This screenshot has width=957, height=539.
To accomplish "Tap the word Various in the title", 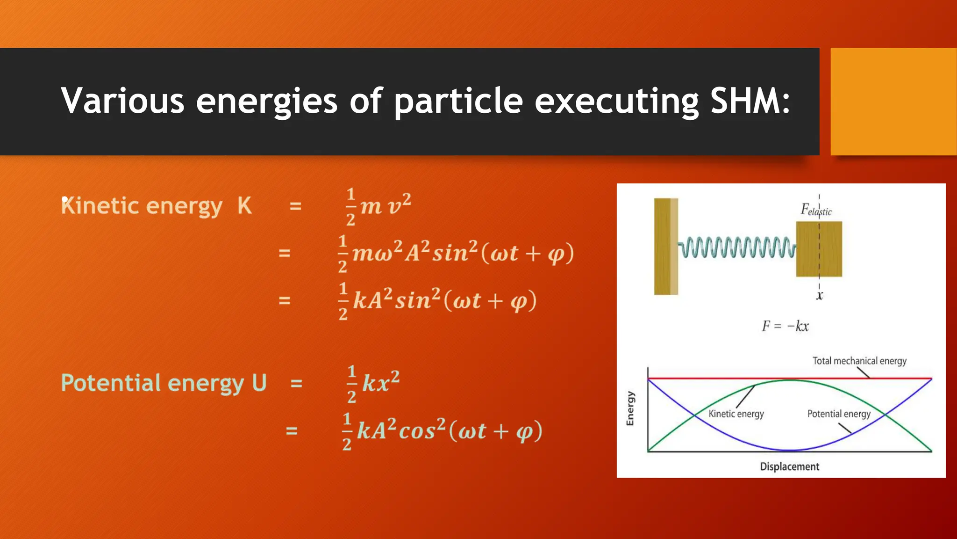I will (x=122, y=101).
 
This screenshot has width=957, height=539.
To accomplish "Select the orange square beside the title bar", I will (x=893, y=102).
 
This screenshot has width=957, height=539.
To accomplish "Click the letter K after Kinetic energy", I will (x=244, y=206).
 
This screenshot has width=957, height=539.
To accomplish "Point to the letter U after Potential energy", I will (x=259, y=383).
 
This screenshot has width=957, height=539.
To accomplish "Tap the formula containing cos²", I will (x=442, y=431).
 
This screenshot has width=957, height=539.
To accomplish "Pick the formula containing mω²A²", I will (x=456, y=254).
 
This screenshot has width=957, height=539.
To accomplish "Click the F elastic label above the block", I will (x=816, y=210).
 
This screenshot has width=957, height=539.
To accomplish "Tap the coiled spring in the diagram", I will (x=736, y=247).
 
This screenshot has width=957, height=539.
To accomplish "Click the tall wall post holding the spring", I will (x=665, y=247).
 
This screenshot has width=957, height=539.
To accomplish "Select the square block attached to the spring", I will (x=819, y=249).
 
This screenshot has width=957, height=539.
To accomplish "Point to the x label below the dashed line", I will (x=819, y=296).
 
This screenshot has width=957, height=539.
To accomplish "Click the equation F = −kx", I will (x=785, y=326).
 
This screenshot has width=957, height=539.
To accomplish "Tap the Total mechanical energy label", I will (x=859, y=361).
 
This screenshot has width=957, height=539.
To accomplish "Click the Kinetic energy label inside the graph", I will (x=736, y=414).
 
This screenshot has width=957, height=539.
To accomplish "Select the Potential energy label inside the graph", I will (x=839, y=414).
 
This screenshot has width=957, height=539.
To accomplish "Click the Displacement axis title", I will (x=789, y=466).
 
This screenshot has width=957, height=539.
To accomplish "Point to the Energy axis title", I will (x=630, y=408).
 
